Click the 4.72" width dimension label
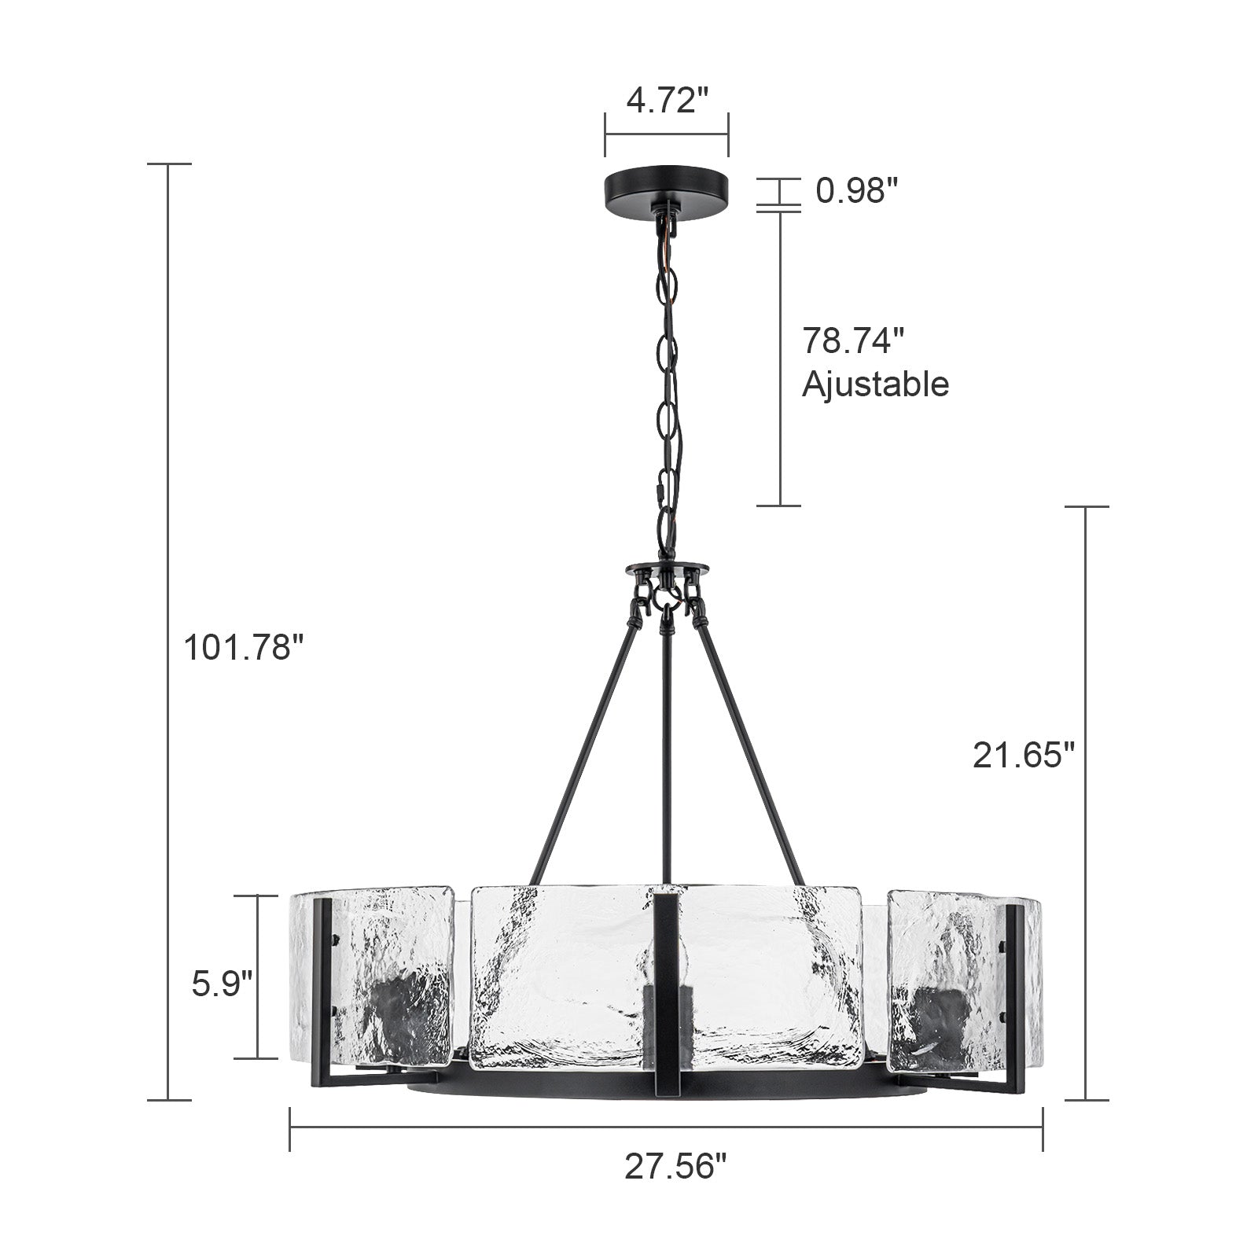tap(667, 101)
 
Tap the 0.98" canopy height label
tap(856, 191)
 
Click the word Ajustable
tap(875, 384)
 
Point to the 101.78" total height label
tap(243, 649)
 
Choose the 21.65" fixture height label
tap(1023, 756)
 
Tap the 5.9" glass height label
tap(223, 984)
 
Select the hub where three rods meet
tap(667, 569)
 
